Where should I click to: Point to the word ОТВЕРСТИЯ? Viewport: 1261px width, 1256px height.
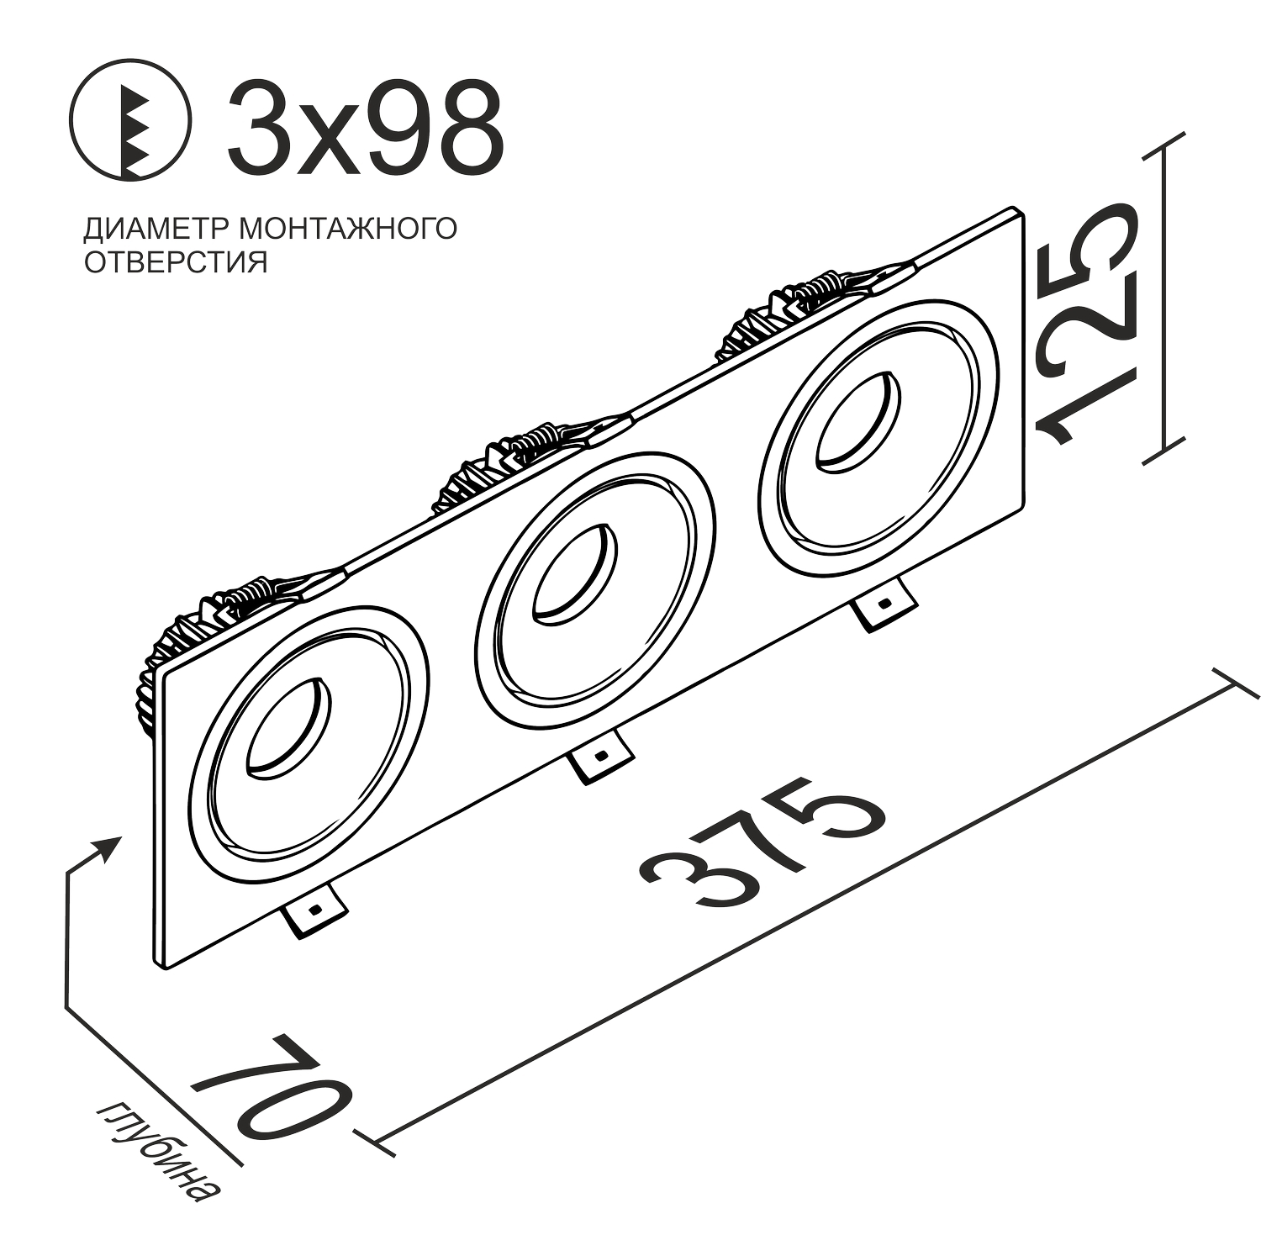tap(176, 261)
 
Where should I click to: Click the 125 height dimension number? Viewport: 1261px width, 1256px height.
tap(1093, 324)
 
